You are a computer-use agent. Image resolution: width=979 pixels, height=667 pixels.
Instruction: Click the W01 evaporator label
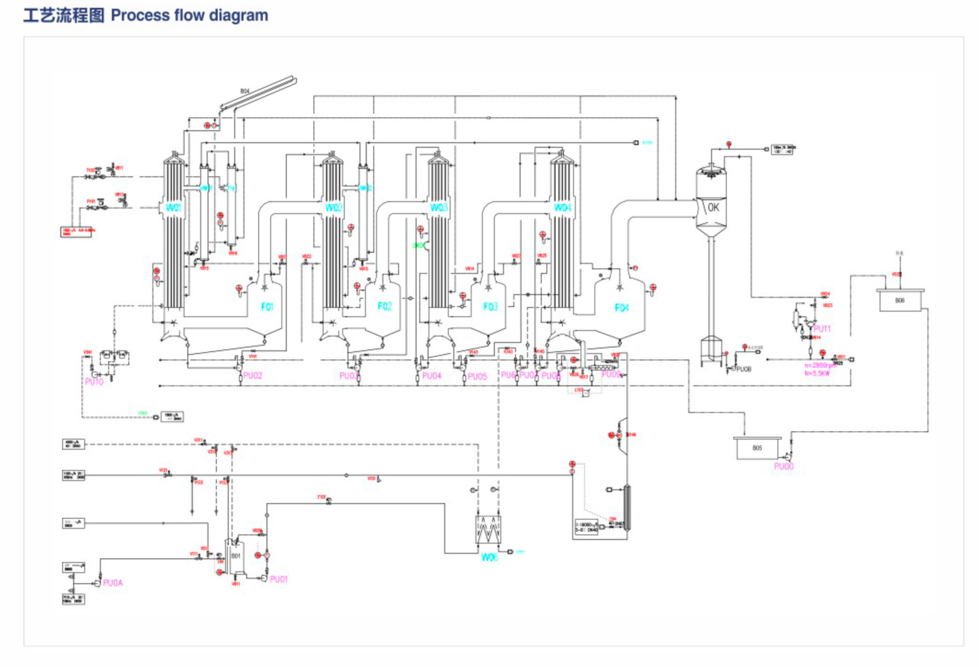pos(173,208)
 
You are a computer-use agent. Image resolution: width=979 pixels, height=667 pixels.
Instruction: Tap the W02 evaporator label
pos(334,208)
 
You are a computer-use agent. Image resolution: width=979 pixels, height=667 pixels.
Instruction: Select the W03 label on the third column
pos(439,208)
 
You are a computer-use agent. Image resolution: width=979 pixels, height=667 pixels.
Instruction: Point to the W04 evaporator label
pos(562,208)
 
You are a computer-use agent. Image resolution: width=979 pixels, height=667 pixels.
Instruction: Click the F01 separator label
pos(267,307)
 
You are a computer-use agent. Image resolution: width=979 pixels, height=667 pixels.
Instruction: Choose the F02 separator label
pos(385,307)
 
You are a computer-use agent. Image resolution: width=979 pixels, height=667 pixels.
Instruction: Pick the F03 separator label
pos(491,307)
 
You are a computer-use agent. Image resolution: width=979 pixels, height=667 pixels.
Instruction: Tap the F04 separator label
pos(622,308)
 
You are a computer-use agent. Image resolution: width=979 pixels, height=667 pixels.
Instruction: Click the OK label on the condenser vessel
pos(713,208)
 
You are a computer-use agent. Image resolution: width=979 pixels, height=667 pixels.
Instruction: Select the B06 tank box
pos(900,301)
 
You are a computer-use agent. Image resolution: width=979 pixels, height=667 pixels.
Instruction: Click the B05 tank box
pos(757,448)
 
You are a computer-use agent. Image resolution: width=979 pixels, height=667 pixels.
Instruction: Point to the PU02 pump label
pos(253,376)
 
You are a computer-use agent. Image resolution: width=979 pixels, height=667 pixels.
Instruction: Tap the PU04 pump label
pos(432,376)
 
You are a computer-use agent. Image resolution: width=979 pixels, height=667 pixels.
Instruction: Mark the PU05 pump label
pos(477,377)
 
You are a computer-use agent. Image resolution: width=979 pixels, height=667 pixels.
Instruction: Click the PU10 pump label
pos(94,382)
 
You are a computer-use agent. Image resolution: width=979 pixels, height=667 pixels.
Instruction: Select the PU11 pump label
pos(822,329)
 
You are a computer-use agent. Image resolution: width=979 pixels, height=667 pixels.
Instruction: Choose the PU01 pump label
pos(279,580)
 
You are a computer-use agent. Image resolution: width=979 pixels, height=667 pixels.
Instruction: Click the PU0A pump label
pos(113,583)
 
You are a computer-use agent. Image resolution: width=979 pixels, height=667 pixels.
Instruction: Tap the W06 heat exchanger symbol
pos(488,530)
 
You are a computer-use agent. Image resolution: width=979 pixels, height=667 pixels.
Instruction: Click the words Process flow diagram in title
pos(189,16)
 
